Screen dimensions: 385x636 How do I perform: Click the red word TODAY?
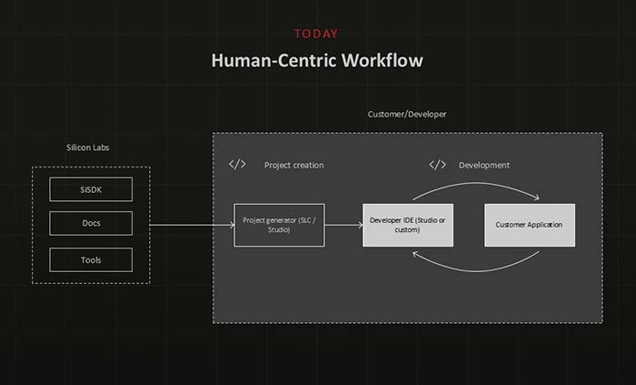point(316,34)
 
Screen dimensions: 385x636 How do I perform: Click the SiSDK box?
point(91,189)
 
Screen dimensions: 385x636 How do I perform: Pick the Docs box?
point(91,224)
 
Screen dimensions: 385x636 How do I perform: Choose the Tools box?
point(91,260)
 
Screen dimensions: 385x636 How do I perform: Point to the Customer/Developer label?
point(407,114)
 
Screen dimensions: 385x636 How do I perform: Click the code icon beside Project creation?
point(237,165)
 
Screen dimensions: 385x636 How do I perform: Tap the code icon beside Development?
point(437,165)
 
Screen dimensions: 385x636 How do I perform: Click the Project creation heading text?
point(293,166)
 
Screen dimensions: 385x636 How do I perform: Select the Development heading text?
point(484,166)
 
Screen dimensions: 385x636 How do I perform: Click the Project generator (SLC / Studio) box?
point(279,225)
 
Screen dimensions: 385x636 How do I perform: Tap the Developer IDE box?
point(408,225)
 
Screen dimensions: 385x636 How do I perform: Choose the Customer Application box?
point(530,225)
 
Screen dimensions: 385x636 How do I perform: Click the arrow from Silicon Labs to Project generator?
point(191,225)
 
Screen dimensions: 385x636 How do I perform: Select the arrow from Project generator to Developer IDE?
point(343,225)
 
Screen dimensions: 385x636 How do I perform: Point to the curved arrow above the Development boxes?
point(476,186)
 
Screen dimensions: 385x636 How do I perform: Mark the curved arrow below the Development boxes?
point(476,267)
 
